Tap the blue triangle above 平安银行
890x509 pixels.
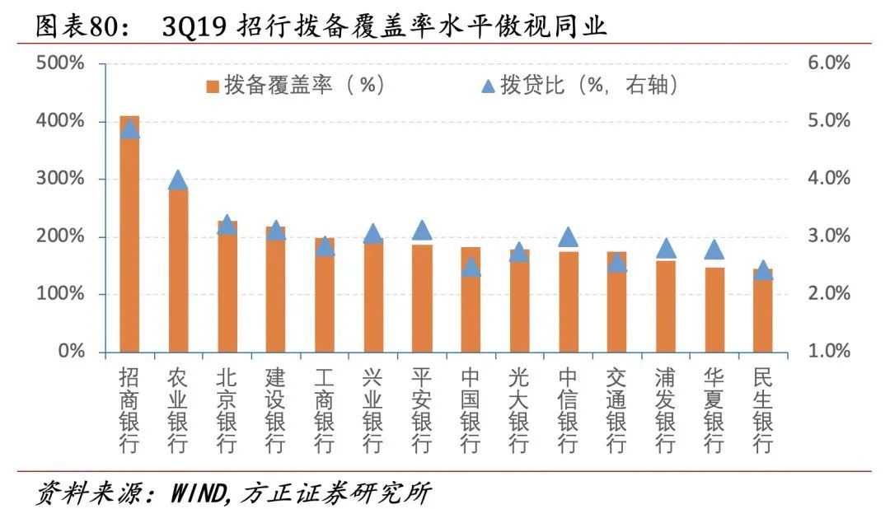(x=422, y=231)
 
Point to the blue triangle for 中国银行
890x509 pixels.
(x=471, y=267)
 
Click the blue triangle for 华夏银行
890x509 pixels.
(x=714, y=250)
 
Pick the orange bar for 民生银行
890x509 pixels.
(x=763, y=313)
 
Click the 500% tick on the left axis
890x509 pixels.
(x=60, y=63)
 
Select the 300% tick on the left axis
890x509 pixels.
(x=60, y=179)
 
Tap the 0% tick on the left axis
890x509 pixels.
(x=69, y=352)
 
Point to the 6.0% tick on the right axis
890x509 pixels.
(x=826, y=63)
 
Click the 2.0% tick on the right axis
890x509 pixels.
(x=826, y=294)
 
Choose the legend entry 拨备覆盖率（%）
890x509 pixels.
(x=295, y=86)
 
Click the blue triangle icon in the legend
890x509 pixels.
(x=487, y=86)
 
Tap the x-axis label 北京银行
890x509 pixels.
(x=227, y=409)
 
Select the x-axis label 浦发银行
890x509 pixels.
(x=665, y=409)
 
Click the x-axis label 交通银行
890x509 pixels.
(x=616, y=409)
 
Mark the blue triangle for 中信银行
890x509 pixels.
(x=568, y=238)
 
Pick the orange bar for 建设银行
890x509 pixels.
(x=275, y=288)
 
